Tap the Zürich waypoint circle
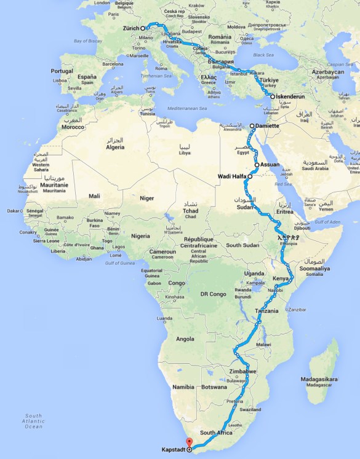[x=142, y=28]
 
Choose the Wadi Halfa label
[x=233, y=177]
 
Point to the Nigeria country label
[x=140, y=236]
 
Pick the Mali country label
[x=94, y=196]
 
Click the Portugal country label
[x=62, y=71]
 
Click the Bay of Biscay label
[x=88, y=41]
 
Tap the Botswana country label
[x=215, y=388]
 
